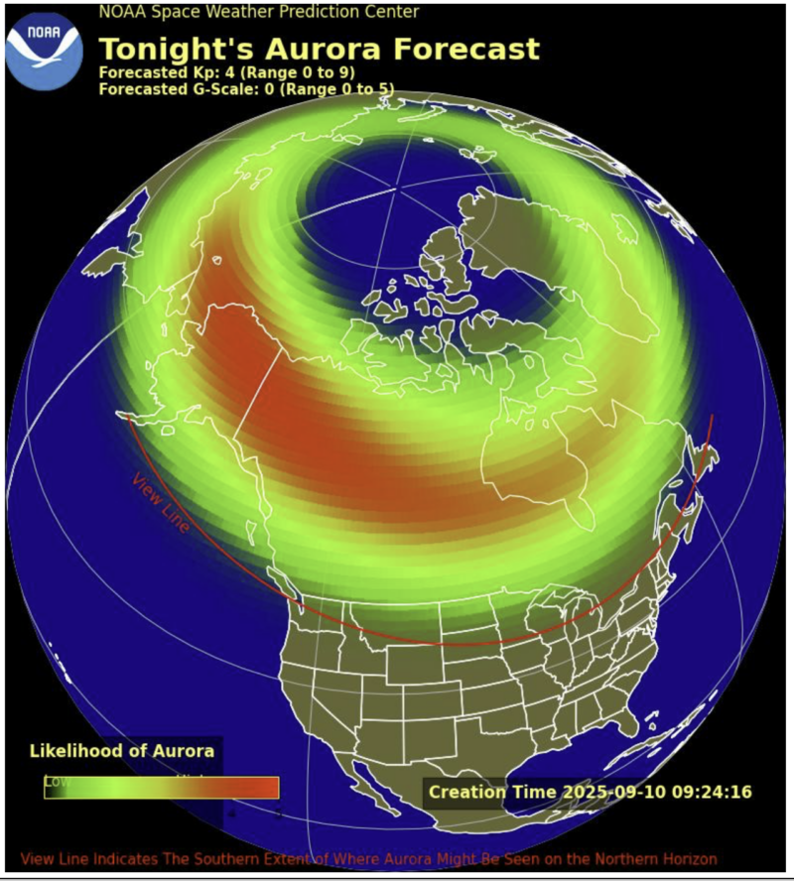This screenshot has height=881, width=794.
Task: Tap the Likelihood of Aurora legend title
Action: tap(122, 750)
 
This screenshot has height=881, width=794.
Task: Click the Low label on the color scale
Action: tap(57, 782)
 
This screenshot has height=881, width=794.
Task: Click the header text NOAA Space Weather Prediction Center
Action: tap(258, 12)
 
